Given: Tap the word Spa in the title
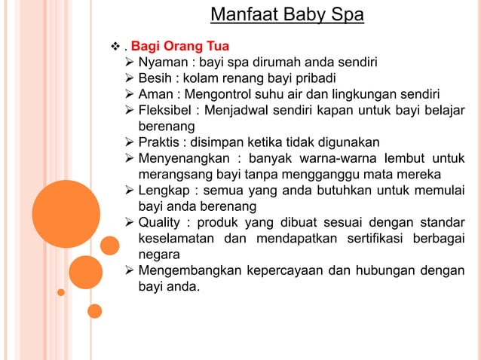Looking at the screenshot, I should pyautogui.click(x=346, y=15).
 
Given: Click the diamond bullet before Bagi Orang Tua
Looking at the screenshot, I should pyautogui.click(x=115, y=44).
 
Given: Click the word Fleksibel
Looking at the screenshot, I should pyautogui.click(x=167, y=110).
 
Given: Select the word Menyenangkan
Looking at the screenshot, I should pyautogui.click(x=182, y=158).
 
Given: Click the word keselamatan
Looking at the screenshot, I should pyautogui.click(x=175, y=239).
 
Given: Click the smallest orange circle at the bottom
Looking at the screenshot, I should pyautogui.click(x=94, y=310).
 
